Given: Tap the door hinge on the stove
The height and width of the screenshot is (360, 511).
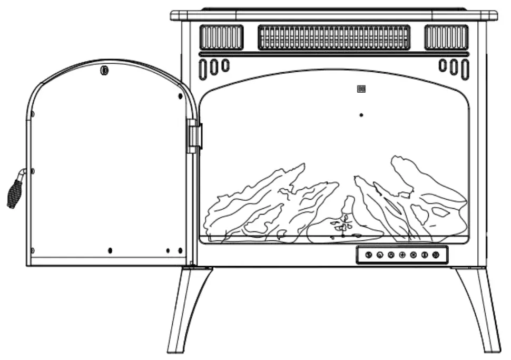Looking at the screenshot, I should [x=194, y=135].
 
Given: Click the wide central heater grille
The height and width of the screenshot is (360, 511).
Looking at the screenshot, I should [x=334, y=37].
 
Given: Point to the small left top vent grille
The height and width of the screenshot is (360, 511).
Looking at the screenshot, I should [x=221, y=37].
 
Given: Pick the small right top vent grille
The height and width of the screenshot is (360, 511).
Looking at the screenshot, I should [x=446, y=37].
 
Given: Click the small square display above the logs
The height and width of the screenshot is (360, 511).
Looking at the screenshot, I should [x=361, y=89].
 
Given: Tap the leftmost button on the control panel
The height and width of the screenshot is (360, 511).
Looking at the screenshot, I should [x=369, y=255].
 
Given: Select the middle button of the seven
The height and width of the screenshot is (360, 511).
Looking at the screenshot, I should [x=402, y=255].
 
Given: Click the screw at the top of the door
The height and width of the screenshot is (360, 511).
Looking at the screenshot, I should [x=104, y=70].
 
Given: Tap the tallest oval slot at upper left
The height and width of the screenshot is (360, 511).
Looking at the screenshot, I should [x=203, y=69].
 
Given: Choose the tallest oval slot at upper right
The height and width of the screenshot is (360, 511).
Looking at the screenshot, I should [x=465, y=69].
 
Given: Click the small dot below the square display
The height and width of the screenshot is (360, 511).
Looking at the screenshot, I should [x=361, y=114].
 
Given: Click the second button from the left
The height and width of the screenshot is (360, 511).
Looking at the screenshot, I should [x=380, y=255].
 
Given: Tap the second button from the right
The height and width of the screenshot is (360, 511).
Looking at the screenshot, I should [x=425, y=255].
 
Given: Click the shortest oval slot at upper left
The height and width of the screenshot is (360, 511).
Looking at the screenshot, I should [x=225, y=65].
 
